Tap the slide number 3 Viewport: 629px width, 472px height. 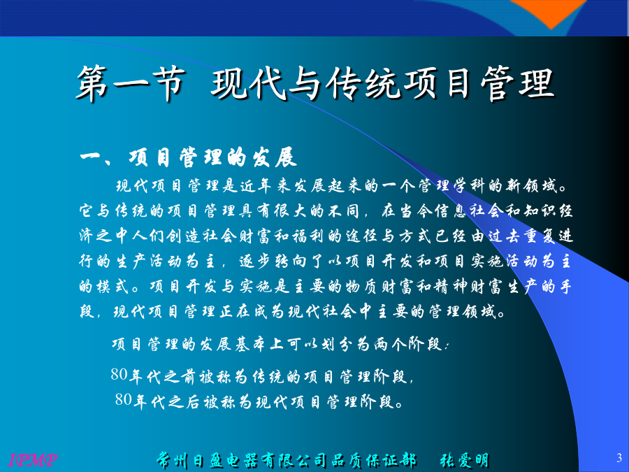click(619, 457)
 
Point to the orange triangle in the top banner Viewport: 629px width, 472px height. click(551, 12)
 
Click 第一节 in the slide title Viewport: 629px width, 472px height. click(131, 84)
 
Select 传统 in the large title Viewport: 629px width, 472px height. click(363, 84)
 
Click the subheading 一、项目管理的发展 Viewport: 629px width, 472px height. click(188, 157)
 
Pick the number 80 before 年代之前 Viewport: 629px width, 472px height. click(119, 374)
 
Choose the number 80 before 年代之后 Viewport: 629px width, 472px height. click(123, 399)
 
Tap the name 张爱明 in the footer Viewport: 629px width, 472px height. click(465, 460)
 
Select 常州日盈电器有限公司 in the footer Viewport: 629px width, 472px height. click(243, 460)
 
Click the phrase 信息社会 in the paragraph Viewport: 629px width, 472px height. click(470, 211)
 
